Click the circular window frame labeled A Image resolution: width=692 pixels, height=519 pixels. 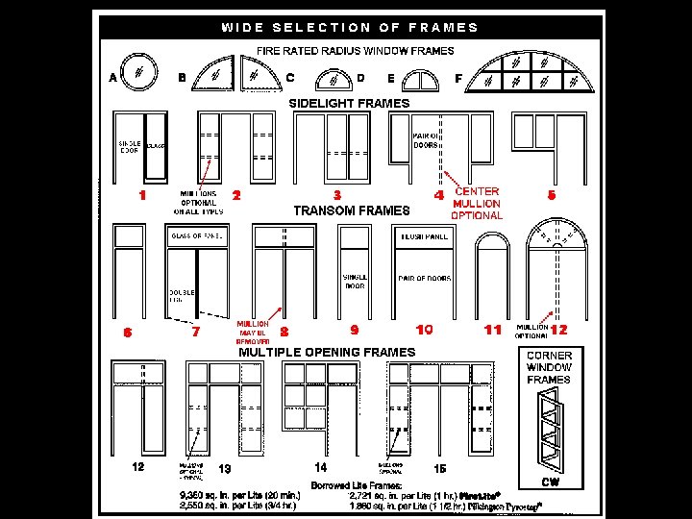point(140,72)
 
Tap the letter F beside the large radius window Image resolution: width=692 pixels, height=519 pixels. point(458,78)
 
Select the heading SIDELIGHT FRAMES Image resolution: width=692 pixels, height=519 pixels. point(349,103)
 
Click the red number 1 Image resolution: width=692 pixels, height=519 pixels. point(142,195)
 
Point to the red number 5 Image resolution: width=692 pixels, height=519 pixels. point(551,195)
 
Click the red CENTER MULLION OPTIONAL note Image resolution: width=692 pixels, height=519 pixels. point(477,204)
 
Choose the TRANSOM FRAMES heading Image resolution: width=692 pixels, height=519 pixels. point(351,210)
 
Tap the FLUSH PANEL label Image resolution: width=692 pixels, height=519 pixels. point(424,235)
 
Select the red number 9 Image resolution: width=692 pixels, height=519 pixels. point(355,330)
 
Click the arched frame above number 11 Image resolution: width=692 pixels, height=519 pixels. point(493,279)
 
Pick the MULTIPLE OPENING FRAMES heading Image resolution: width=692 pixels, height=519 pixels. point(327,352)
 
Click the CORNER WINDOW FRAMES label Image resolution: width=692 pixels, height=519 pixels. point(549,367)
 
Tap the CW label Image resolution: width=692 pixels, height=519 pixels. point(550,482)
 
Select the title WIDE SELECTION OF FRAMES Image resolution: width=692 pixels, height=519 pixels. point(350,27)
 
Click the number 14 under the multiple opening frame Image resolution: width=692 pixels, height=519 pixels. point(321,467)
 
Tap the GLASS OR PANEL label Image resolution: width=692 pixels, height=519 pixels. point(196,235)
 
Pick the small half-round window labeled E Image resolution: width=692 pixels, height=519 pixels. point(420,81)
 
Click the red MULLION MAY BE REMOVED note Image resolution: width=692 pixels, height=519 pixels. point(253,333)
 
